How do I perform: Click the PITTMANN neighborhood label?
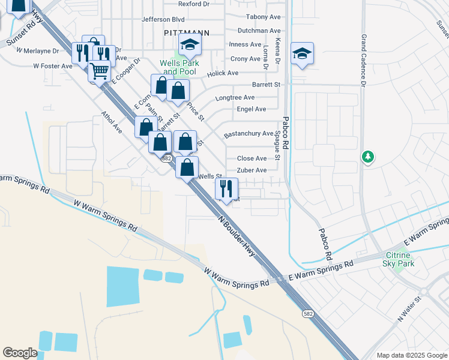coord(181,34)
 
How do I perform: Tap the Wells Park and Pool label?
coord(178,67)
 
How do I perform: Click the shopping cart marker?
coord(99,71)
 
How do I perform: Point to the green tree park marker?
coord(367,157)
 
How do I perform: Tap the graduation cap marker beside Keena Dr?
coord(302,53)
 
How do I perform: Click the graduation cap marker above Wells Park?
coord(190,44)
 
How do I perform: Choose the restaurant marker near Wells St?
coord(226,189)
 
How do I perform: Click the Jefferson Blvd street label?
coord(163,19)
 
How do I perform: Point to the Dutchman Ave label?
coord(259,31)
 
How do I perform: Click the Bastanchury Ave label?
coord(248,134)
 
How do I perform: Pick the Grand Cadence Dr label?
coord(363,60)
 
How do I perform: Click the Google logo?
coord(20,353)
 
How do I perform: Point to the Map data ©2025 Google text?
coord(411,355)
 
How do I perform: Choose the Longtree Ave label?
coord(235,97)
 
